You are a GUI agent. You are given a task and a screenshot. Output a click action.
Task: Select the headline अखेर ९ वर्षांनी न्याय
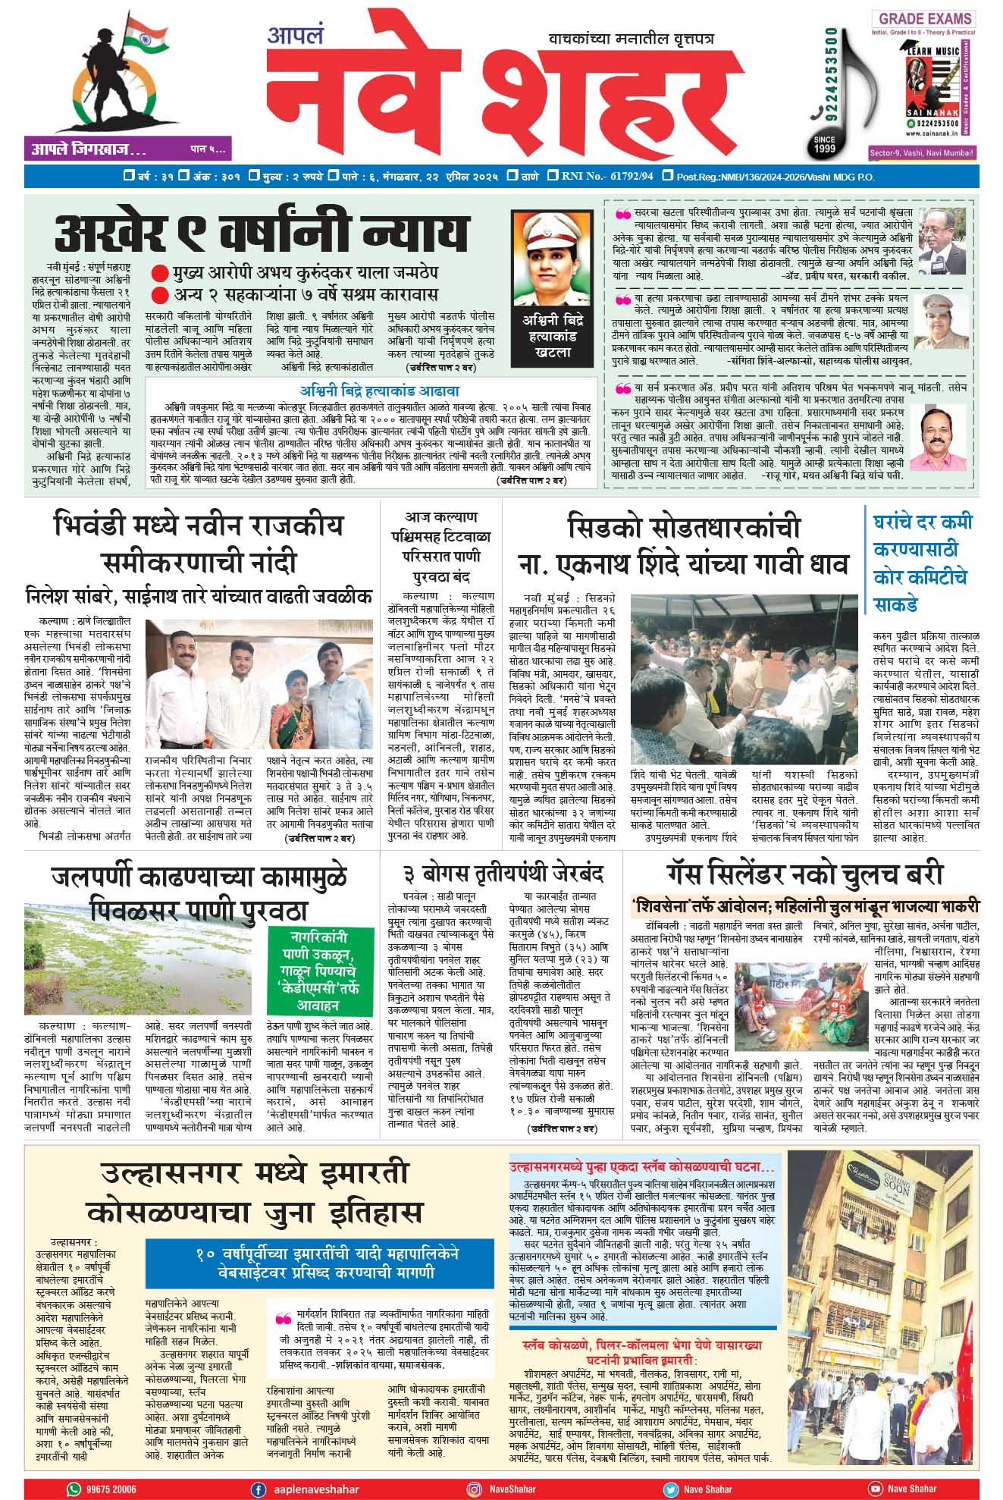[x=262, y=233]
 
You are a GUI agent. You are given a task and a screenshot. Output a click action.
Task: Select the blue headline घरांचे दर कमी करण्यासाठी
[x=922, y=563]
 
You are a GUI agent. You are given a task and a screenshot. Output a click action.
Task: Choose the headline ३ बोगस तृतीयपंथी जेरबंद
[x=503, y=874]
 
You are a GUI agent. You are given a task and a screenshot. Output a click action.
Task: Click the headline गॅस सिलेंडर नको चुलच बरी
[x=805, y=874]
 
